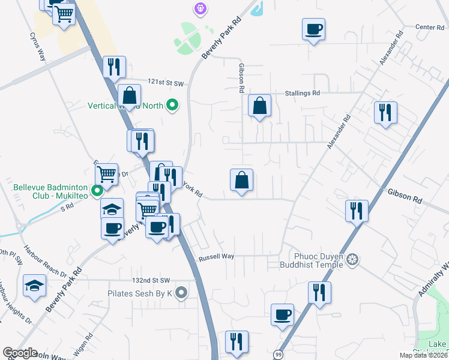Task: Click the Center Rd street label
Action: click(x=429, y=27)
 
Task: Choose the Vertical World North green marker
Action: click(x=173, y=106)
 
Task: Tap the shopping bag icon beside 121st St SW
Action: click(x=129, y=96)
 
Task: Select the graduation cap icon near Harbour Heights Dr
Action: click(x=35, y=286)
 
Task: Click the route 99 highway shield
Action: click(x=277, y=354)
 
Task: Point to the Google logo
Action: click(x=20, y=353)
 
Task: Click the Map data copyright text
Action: click(x=424, y=355)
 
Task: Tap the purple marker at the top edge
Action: click(x=199, y=8)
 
